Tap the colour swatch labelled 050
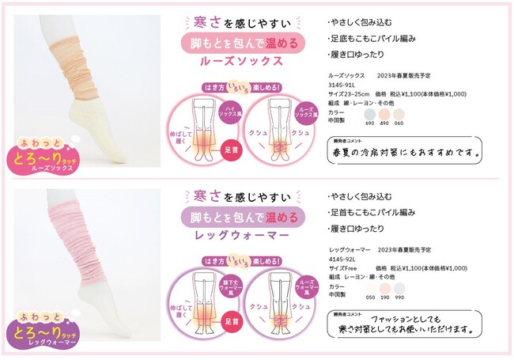pos(369,290)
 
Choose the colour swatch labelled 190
pos(384,290)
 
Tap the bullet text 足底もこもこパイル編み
pos(372,38)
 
